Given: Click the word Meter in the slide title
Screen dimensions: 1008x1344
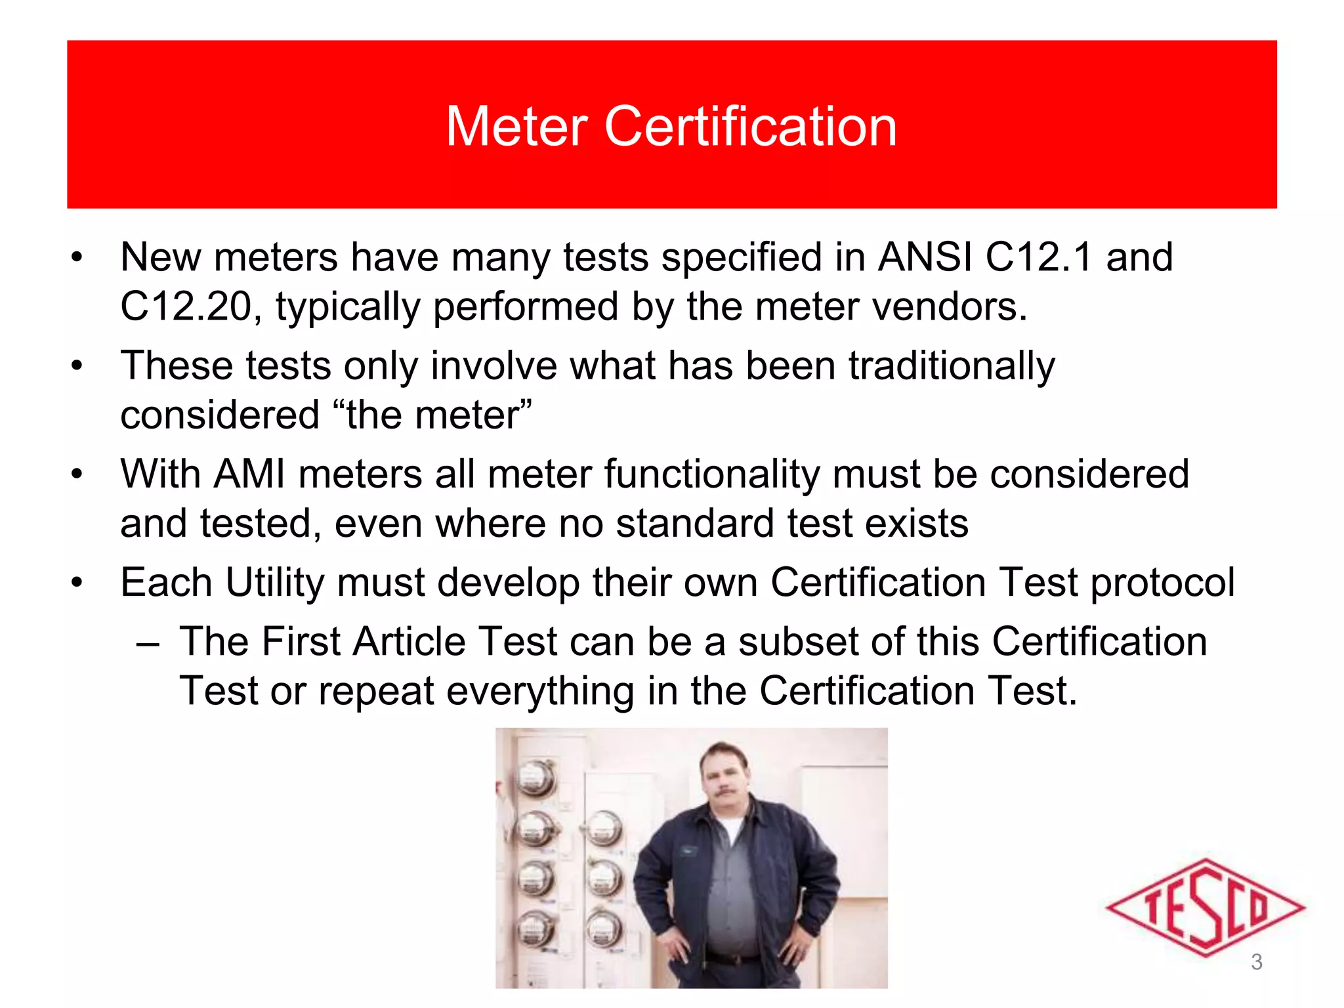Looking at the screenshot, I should [x=516, y=126].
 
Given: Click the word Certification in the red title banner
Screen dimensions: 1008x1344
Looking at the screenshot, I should [x=750, y=126].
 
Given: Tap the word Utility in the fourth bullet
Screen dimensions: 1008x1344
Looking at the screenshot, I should [x=274, y=583].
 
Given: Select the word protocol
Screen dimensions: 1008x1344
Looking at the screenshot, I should [x=1162, y=583].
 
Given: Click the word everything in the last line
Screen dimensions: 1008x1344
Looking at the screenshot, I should [x=540, y=691].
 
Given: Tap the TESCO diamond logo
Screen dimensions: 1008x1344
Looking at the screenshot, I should [x=1204, y=908].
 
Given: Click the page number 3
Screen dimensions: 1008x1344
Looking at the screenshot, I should [x=1257, y=962].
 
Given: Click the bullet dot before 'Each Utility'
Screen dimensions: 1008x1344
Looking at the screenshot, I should [x=77, y=583].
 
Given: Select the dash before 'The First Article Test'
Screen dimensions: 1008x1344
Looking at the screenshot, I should [x=148, y=642].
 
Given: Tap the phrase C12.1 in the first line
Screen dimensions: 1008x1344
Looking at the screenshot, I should [x=1039, y=257].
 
